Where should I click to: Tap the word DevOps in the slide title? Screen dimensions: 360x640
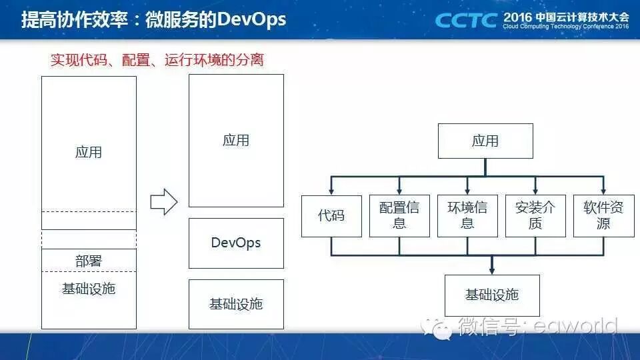tap(253, 19)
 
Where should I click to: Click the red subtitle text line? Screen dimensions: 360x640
tap(157, 60)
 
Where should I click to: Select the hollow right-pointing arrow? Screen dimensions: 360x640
tap(163, 201)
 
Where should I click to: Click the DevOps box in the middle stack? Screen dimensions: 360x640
tap(236, 243)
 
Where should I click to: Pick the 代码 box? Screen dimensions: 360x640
tap(331, 216)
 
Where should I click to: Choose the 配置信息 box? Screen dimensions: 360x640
tap(399, 216)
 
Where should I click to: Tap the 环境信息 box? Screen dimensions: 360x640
tap(467, 216)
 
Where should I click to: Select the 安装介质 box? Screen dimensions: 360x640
tap(535, 216)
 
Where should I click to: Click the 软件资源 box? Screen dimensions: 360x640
tap(603, 216)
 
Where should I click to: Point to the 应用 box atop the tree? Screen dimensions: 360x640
tap(485, 141)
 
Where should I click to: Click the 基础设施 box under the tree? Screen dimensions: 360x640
tap(492, 295)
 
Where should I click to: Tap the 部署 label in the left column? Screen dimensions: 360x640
tap(89, 261)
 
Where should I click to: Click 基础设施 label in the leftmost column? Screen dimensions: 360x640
tap(89, 289)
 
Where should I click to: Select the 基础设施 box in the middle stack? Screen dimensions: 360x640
tap(236, 304)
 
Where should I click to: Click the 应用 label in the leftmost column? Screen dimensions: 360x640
tap(89, 152)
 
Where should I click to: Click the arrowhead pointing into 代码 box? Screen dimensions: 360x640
tap(331, 191)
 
